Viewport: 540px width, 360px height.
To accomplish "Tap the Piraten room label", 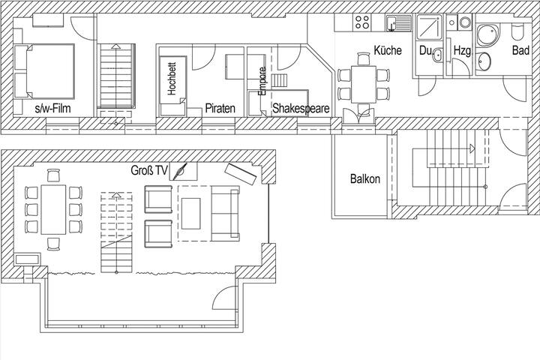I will click(220, 108).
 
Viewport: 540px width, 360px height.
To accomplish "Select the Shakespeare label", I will click(301, 108).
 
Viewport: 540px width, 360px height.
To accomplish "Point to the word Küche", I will click(387, 51).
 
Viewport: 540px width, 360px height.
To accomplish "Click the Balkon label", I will click(365, 180).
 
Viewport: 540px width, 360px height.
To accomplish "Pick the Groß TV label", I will click(149, 170).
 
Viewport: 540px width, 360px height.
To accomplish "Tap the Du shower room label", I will click(425, 51).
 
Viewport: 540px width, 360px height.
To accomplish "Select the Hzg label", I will click(461, 51).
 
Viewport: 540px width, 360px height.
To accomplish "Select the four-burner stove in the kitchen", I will click(362, 22).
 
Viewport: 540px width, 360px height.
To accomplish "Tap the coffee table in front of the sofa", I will click(191, 212).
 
